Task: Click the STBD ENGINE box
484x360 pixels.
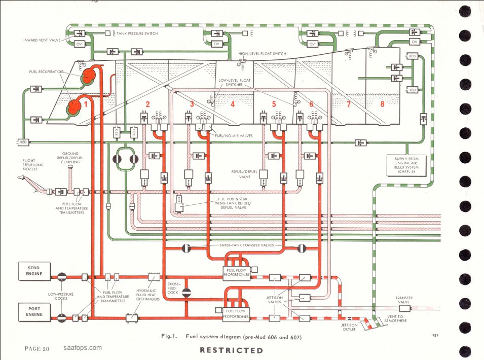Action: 34,271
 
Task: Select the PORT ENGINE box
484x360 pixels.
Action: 34,312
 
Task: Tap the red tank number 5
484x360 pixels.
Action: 274,104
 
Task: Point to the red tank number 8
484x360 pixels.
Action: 382,104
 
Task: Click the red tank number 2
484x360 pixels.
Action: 147,104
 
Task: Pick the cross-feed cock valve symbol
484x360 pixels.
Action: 186,293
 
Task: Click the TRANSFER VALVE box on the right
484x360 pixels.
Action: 404,308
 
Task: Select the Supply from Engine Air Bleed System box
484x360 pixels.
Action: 406,165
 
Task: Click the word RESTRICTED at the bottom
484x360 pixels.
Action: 232,350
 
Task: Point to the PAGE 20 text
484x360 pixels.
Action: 36,349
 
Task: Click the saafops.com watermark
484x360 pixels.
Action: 83,348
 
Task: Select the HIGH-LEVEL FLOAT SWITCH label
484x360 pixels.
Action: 262,54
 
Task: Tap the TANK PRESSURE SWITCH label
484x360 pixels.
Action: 137,33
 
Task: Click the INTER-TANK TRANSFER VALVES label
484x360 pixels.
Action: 247,245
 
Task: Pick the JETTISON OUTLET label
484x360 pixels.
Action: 349,327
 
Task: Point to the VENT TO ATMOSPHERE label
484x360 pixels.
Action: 395,318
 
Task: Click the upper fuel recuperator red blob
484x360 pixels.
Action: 90,76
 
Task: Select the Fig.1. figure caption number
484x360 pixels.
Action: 169,336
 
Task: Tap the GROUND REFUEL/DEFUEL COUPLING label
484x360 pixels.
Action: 70,158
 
